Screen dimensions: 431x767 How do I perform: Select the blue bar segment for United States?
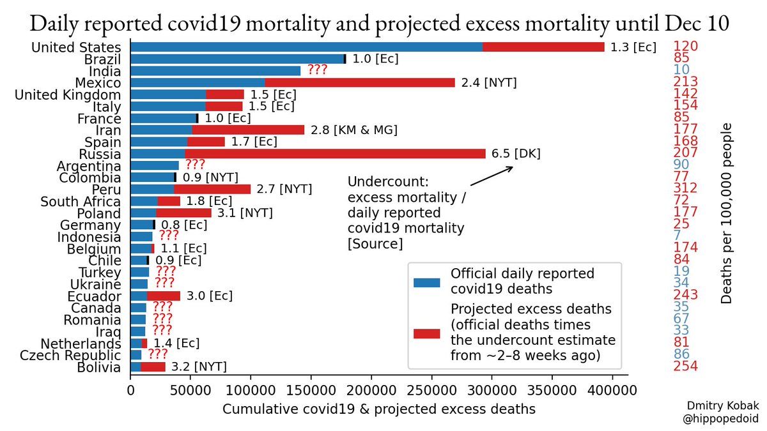[307, 47]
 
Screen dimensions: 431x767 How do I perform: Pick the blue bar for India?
[215, 70]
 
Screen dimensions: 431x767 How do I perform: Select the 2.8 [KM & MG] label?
[354, 130]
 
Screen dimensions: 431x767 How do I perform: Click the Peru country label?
[106, 190]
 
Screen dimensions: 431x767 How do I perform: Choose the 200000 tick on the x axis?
[371, 388]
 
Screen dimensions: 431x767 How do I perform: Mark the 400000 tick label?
[612, 388]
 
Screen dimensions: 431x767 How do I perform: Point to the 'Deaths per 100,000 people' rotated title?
[727, 213]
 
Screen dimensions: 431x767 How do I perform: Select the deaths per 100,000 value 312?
[685, 188]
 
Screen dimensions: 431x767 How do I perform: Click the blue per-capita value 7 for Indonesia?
[677, 236]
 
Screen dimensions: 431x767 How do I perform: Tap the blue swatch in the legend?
[427, 282]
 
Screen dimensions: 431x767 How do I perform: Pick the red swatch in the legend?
[427, 333]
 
